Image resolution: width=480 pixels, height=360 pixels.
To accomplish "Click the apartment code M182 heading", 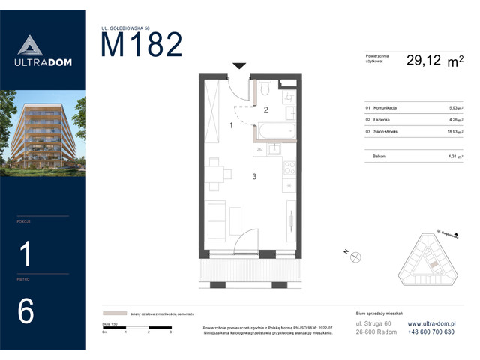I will click(x=142, y=46).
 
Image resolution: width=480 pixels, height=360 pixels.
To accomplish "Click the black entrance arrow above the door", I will click(x=238, y=67).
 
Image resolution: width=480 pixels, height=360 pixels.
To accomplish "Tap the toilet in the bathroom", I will click(x=266, y=91).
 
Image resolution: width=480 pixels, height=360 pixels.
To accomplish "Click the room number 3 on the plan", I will click(x=254, y=177).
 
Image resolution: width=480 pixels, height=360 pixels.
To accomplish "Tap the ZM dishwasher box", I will click(x=259, y=150).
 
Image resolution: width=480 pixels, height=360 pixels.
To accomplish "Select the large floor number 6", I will click(x=25, y=311).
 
